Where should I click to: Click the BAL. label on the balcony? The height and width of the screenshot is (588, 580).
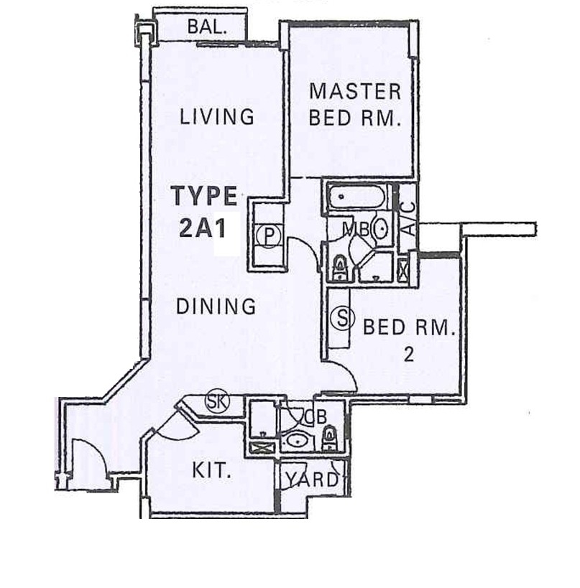pos(207,28)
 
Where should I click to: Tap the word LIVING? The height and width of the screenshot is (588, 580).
pos(217,116)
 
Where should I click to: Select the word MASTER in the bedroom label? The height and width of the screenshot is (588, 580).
pos(354,91)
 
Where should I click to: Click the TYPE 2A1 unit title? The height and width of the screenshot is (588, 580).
pos(204,212)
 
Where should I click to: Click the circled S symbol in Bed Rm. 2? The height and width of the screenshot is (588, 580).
pos(342,317)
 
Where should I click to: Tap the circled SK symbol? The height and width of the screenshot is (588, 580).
pos(216,401)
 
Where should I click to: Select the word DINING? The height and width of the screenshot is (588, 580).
pos(216,307)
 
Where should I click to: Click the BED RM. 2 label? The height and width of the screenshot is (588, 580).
pos(409,340)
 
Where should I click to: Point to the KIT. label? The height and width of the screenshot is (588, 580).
pos(211,472)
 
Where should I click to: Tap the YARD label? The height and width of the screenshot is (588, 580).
pos(311,480)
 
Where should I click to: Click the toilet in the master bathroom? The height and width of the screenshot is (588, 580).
pos(339,267)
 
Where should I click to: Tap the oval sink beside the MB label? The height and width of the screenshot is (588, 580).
pos(381,230)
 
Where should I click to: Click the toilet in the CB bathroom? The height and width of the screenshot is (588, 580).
pos(329,437)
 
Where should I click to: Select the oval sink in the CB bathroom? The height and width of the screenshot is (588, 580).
pos(295,441)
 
